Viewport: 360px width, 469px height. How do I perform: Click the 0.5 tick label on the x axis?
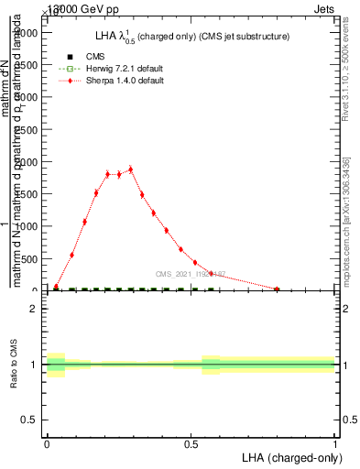coord(191,442)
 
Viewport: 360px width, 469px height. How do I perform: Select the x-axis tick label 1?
coord(334,442)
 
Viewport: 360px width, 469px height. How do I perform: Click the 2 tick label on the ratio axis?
coord(36,310)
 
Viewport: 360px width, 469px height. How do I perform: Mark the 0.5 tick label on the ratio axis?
coord(31,420)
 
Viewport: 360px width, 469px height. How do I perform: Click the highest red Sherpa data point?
coord(131,169)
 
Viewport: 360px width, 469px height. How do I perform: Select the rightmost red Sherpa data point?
coord(277,289)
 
